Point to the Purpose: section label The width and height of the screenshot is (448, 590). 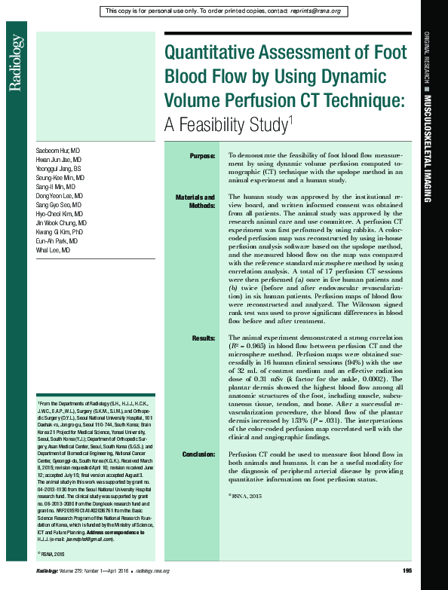tap(202, 155)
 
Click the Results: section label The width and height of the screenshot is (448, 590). tap(204, 338)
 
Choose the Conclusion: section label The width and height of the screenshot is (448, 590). tap(198, 454)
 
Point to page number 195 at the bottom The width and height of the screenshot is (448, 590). tap(406, 570)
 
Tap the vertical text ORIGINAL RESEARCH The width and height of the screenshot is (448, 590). tap(427, 60)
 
